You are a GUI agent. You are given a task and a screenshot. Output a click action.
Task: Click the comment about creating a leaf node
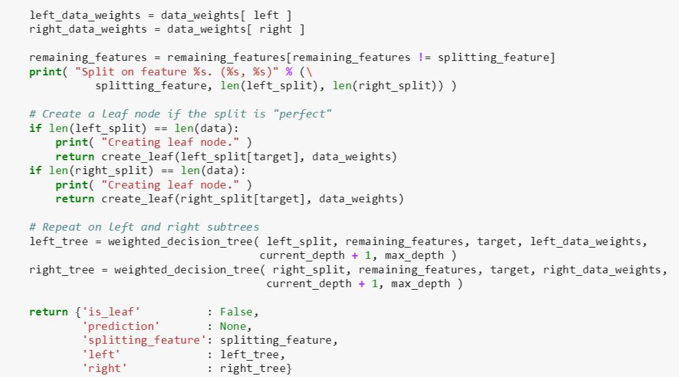click(180, 114)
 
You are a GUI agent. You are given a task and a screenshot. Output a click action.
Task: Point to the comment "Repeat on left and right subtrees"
click(144, 227)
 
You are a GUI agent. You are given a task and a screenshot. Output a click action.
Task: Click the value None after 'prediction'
click(232, 326)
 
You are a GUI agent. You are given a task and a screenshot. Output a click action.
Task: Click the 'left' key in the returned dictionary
click(100, 354)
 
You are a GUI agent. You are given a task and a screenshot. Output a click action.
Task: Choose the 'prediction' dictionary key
click(120, 326)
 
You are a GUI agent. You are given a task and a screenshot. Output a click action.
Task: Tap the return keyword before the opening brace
click(48, 312)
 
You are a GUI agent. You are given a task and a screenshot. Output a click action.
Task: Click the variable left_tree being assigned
click(58, 241)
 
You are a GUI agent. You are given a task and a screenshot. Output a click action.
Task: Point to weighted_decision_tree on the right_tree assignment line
click(186, 270)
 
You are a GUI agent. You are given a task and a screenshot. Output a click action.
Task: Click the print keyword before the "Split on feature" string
click(45, 72)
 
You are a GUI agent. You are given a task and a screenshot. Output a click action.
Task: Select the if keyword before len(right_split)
click(35, 171)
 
